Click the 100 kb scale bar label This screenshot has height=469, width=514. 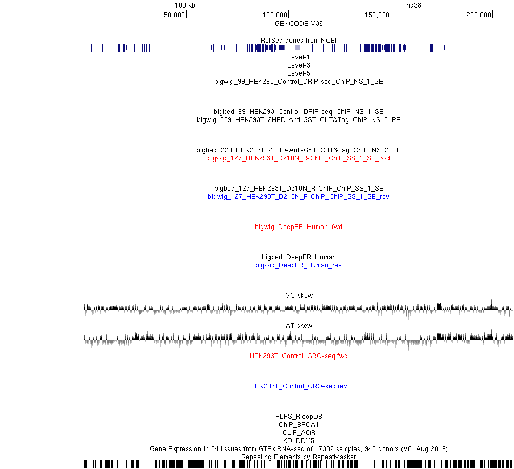[184, 5]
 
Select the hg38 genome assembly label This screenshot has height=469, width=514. [414, 5]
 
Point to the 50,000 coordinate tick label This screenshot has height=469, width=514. [174, 15]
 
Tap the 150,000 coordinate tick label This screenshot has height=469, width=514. [377, 15]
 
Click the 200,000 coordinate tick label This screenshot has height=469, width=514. [479, 15]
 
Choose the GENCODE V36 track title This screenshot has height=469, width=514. [299, 24]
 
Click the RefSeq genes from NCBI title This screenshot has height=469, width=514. [299, 41]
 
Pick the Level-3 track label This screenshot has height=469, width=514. [299, 65]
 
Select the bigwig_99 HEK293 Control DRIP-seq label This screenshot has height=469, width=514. [299, 82]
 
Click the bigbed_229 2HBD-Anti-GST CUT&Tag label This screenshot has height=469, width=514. [299, 150]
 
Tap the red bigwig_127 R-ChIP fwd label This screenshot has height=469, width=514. [299, 158]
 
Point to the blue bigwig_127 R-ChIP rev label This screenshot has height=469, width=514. [299, 196]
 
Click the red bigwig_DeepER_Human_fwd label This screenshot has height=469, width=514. [299, 227]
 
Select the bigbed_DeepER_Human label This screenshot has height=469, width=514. [299, 257]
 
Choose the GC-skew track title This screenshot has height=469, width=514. [299, 295]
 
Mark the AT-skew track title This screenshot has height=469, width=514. [299, 326]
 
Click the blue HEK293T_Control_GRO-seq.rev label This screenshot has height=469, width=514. [299, 386]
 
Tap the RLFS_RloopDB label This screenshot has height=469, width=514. [299, 416]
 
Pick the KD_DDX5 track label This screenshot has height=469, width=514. [299, 440]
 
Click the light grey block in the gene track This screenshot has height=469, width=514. [298, 48]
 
